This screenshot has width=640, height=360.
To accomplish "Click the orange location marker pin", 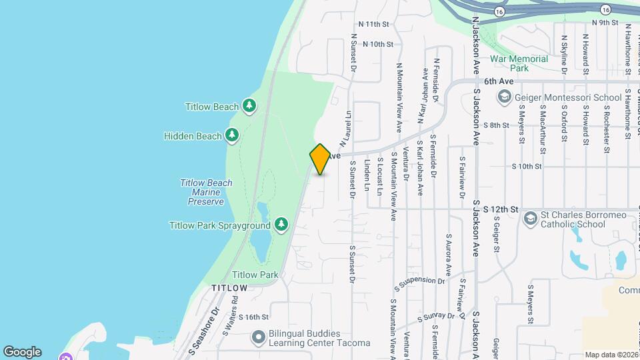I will (320, 159).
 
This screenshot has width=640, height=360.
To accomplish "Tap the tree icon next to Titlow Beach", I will (249, 106).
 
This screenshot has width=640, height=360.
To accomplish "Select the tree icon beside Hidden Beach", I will (232, 136).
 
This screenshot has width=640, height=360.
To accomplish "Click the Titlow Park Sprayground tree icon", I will (281, 224).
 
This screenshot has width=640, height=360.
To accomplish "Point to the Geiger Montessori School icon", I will (505, 98).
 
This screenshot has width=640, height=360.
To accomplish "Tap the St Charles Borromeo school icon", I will (530, 219).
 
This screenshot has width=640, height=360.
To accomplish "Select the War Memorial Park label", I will (519, 63).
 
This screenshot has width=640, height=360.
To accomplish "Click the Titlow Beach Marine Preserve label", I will (206, 192).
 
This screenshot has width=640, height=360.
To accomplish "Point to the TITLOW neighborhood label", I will (229, 288).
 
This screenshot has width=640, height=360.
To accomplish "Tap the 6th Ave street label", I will (499, 81).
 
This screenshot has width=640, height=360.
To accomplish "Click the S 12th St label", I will (501, 209).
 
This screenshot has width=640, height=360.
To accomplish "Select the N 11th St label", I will (373, 24).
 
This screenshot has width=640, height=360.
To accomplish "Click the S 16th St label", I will (253, 317).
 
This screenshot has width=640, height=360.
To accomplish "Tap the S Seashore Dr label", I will (203, 330).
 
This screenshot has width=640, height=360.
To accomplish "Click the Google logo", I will (22, 352).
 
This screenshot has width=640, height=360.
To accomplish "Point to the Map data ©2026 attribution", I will (611, 355).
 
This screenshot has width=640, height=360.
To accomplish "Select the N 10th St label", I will (377, 44).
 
